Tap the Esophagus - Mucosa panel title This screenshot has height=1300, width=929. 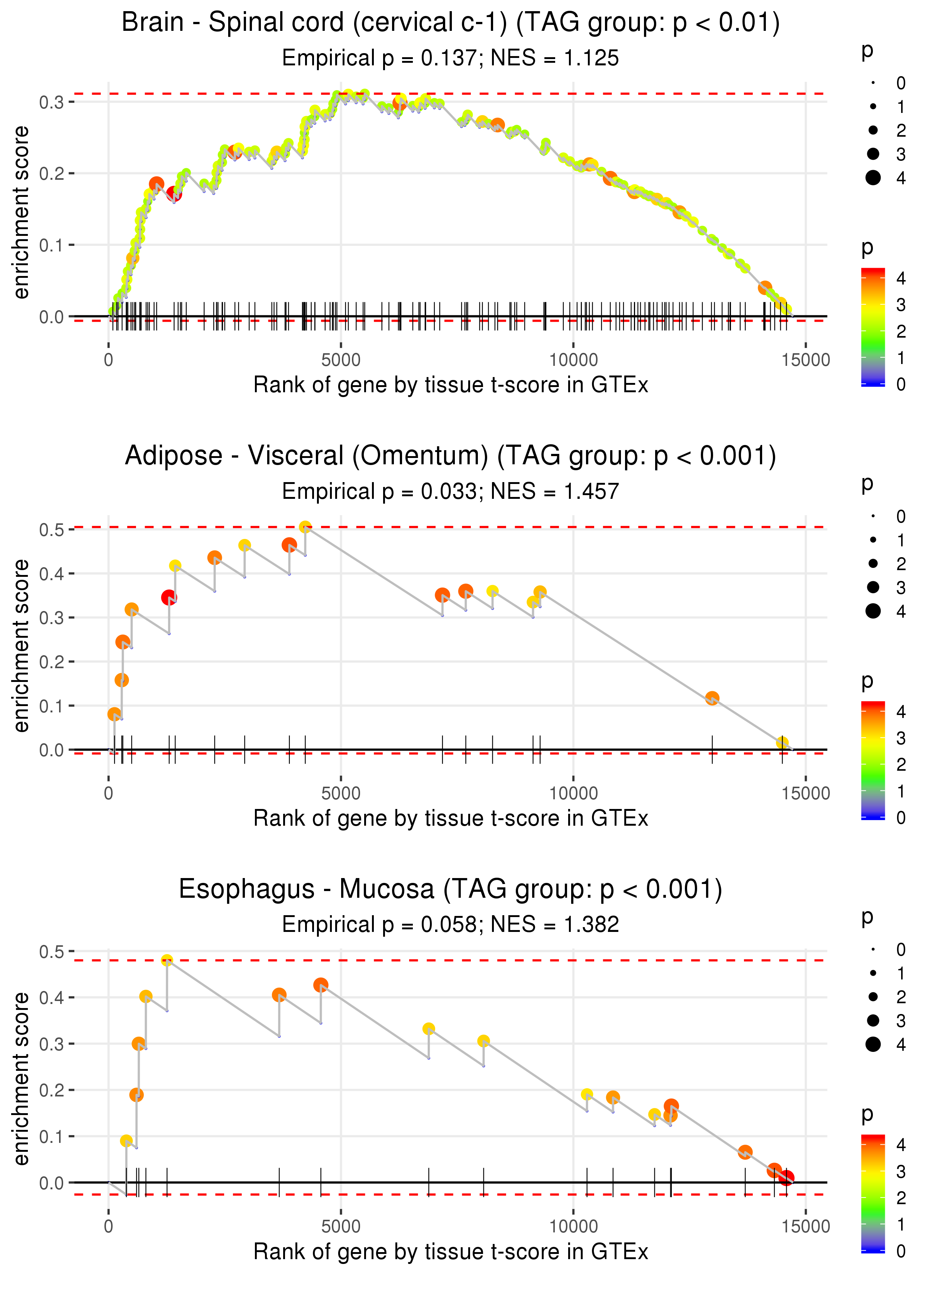tap(450, 890)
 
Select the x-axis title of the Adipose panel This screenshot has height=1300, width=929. tap(450, 818)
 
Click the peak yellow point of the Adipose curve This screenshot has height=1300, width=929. tap(305, 527)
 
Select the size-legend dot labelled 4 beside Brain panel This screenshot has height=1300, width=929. tap(873, 178)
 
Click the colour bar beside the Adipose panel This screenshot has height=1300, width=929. tap(873, 760)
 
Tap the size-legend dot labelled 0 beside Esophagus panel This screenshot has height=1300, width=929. tap(873, 950)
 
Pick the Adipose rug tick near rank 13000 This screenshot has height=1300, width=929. tap(712, 750)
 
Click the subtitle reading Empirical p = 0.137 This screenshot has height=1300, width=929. tap(450, 58)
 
